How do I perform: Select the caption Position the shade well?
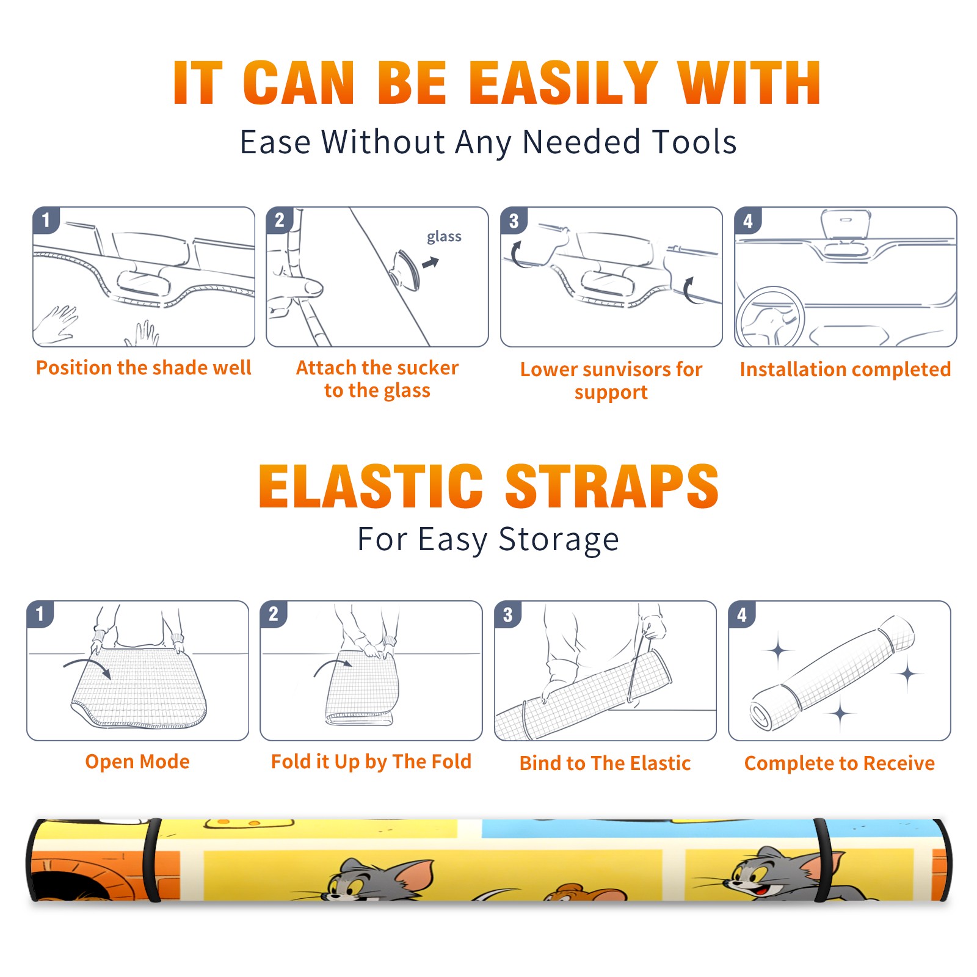[143, 368]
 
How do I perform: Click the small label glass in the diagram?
[444, 237]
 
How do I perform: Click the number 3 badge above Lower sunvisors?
[514, 220]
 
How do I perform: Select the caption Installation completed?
[845, 369]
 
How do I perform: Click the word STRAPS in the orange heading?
[612, 486]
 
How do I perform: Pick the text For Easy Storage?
[488, 540]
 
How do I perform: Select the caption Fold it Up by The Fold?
[371, 762]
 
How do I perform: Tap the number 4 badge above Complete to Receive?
[742, 614]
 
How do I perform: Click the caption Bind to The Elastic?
[605, 763]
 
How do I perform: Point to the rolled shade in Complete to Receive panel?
[832, 674]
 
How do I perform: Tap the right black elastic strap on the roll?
[823, 860]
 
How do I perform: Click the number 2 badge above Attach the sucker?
[280, 220]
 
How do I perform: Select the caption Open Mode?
[137, 762]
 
